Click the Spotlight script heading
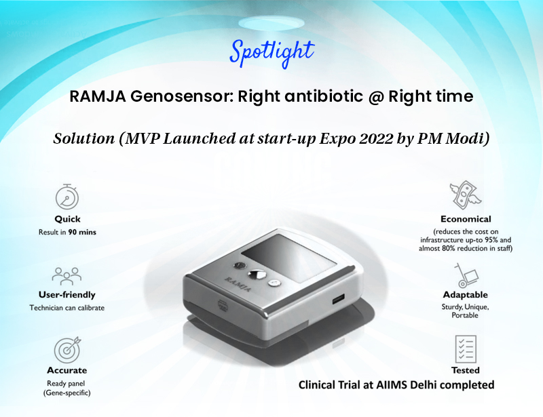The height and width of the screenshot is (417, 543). [272, 52]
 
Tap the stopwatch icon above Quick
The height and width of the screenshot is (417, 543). [67, 197]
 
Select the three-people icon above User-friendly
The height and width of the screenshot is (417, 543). [67, 276]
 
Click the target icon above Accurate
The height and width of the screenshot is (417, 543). [67, 349]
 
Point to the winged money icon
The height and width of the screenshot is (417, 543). [466, 195]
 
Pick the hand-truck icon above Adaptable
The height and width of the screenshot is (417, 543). [466, 275]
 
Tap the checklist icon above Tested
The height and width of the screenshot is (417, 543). [466, 349]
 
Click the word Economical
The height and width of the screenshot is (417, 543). [466, 219]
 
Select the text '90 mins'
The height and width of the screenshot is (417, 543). [82, 232]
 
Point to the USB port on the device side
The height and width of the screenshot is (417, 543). [338, 299]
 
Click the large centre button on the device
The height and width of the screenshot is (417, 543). [257, 275]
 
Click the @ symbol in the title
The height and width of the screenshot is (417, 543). [376, 96]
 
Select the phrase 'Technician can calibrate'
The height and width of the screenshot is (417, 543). [67, 308]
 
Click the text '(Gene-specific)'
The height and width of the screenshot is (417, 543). [67, 393]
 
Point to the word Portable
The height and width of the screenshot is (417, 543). [465, 315]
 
